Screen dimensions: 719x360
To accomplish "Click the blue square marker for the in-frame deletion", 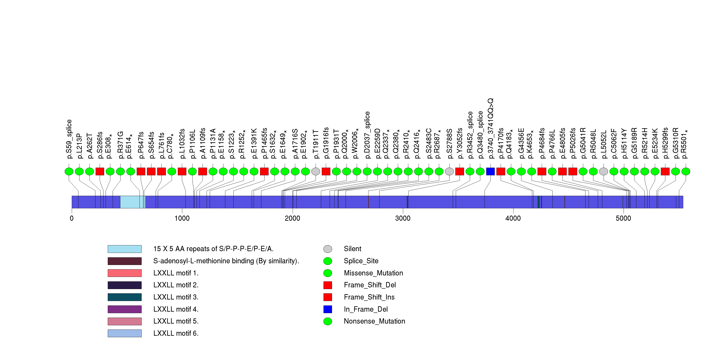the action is click(490, 171).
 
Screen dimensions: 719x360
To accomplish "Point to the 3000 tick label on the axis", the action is click(403, 218).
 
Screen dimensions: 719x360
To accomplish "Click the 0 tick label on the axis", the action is click(72, 218).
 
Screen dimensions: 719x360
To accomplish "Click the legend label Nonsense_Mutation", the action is click(374, 321).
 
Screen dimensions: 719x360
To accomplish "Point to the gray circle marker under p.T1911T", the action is click(316, 171).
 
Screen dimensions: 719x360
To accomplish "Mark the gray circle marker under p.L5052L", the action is click(603, 171).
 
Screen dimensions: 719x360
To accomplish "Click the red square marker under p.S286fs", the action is click(100, 171).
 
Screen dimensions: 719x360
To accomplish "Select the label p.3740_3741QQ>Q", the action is click(490, 128).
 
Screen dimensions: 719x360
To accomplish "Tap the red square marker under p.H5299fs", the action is click(665, 171).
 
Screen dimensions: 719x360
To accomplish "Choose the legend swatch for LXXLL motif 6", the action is click(125, 333).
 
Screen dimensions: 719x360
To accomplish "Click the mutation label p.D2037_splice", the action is click(367, 135).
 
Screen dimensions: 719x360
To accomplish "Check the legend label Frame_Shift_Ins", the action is click(369, 297).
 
